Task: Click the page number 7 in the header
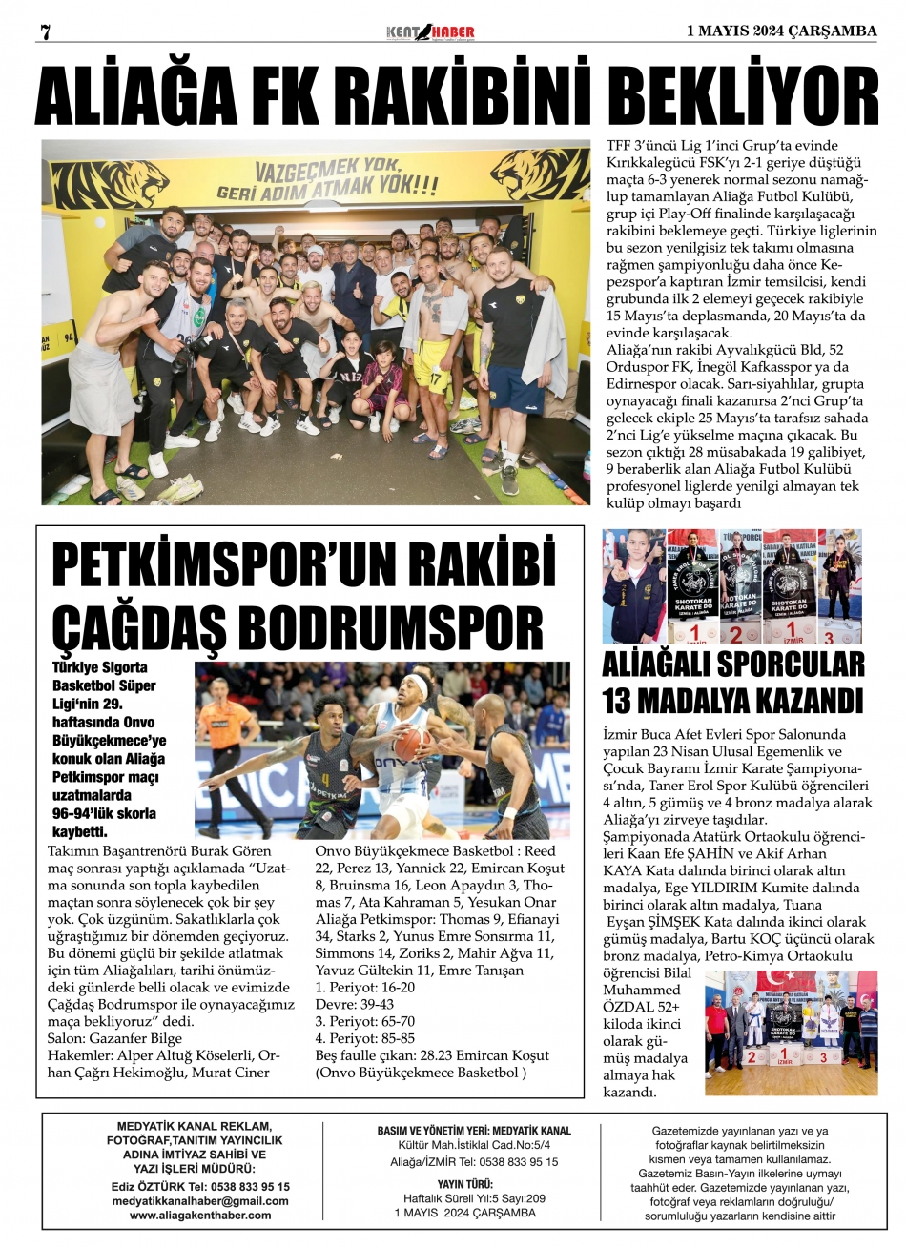(x=44, y=31)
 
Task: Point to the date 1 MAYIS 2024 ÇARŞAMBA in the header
(x=781, y=31)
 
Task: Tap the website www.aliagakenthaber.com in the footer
(x=200, y=1215)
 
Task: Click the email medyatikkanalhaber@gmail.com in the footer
(x=200, y=1201)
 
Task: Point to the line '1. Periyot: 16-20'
(x=365, y=987)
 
